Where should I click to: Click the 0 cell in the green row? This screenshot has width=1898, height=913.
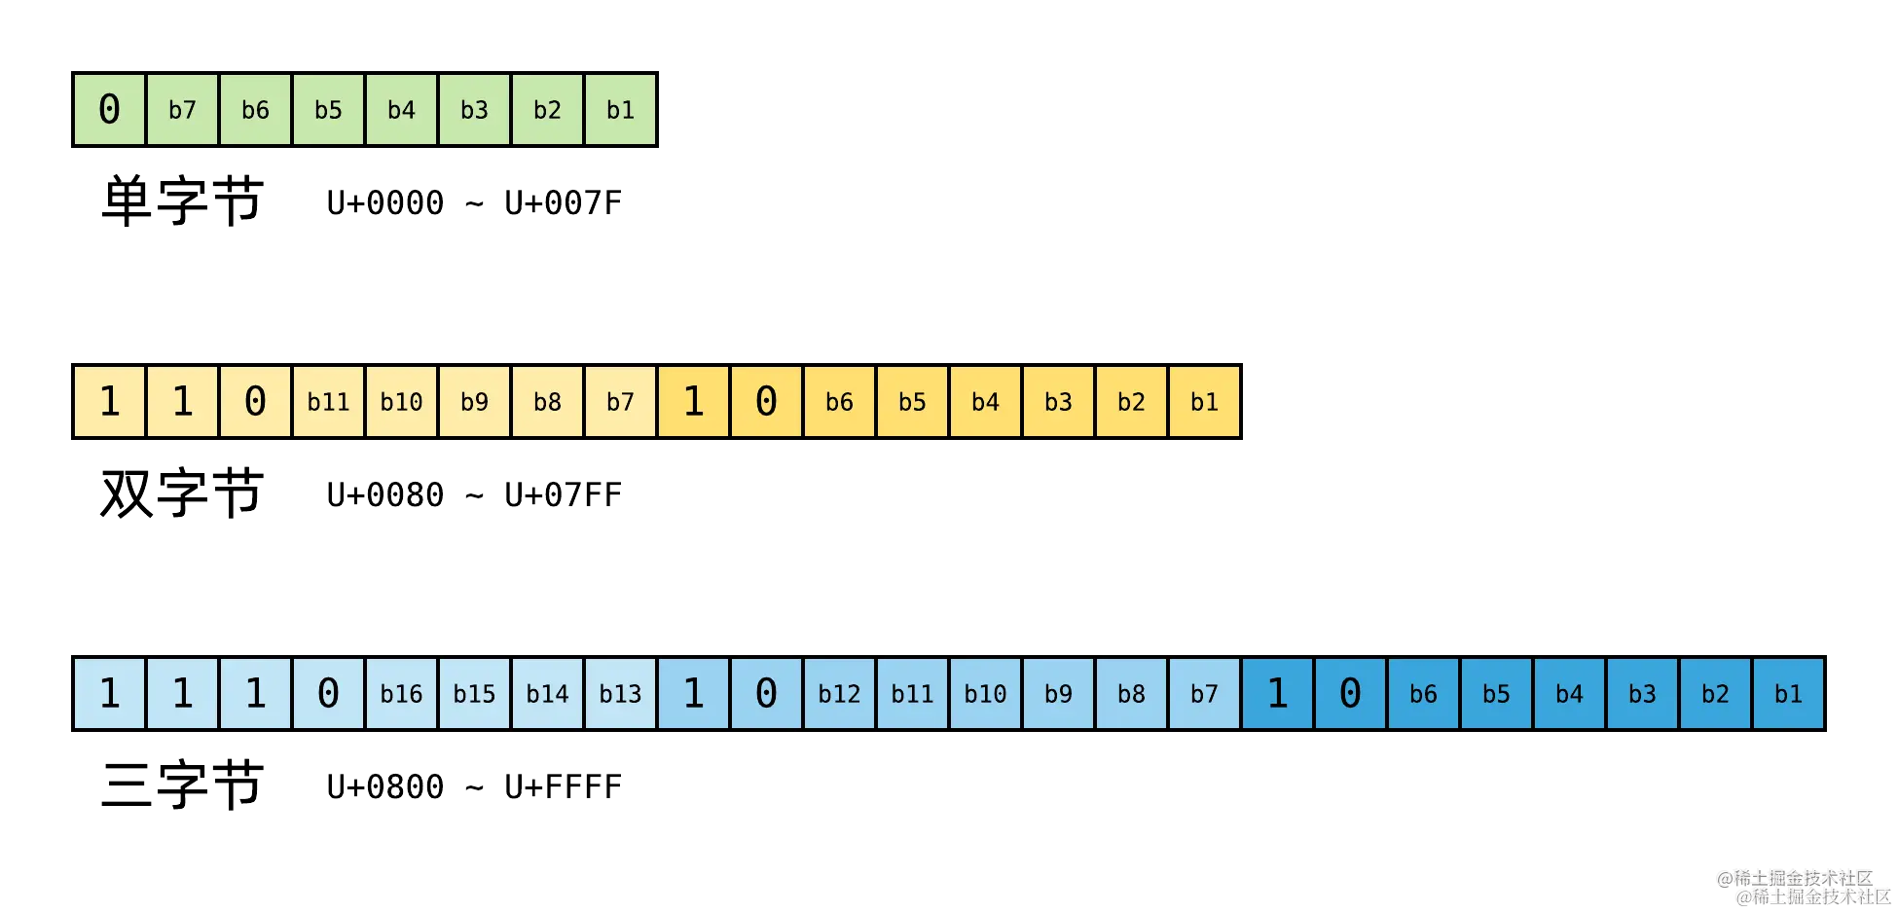(x=109, y=109)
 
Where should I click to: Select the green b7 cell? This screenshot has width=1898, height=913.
(x=182, y=109)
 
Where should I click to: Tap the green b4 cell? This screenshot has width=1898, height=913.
(x=401, y=109)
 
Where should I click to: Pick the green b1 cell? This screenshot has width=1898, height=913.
(x=620, y=109)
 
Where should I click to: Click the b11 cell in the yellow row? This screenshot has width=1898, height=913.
(x=328, y=401)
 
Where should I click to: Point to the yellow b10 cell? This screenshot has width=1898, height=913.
(x=401, y=401)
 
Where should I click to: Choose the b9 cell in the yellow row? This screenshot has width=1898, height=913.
(x=474, y=401)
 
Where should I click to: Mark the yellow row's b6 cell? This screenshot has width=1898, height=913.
(x=839, y=401)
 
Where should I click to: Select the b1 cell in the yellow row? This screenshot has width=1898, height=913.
(x=1204, y=401)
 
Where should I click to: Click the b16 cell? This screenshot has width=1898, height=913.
(x=401, y=693)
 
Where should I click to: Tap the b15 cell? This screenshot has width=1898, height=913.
(x=474, y=693)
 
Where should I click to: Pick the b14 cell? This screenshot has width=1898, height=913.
(x=547, y=693)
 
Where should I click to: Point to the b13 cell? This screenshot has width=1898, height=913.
(x=620, y=693)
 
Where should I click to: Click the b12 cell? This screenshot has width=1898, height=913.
(x=839, y=693)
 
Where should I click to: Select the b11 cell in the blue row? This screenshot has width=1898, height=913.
(x=912, y=693)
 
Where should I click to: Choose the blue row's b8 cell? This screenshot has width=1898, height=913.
(x=1131, y=693)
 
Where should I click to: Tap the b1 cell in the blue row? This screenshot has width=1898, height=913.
(x=1788, y=693)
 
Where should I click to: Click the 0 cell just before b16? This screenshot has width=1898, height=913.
(x=328, y=693)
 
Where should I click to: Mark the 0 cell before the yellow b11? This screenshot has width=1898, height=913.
(x=255, y=401)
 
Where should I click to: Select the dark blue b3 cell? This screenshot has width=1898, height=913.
(x=1642, y=693)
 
